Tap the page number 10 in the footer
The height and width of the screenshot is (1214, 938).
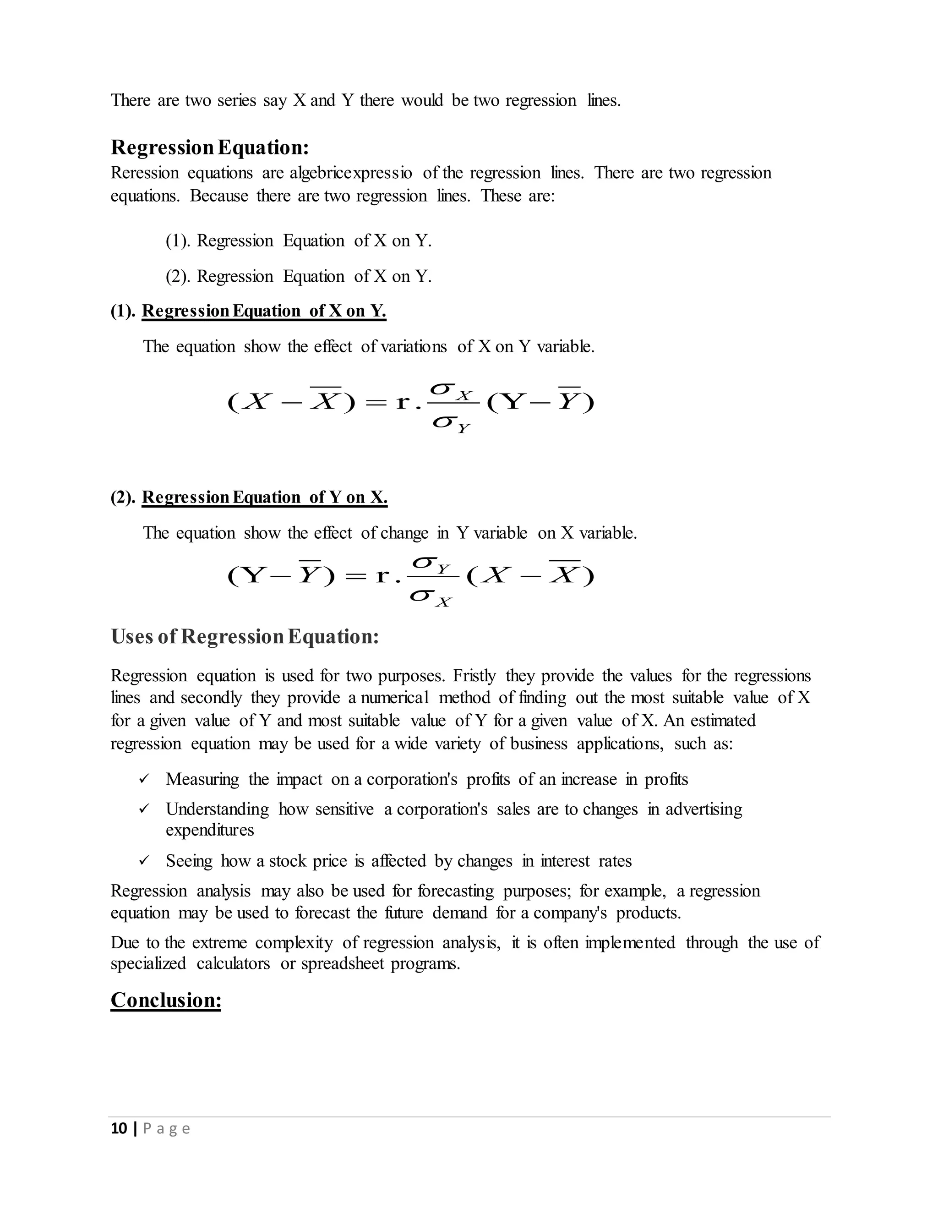click(x=119, y=1129)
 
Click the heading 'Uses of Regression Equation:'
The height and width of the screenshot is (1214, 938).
click(x=245, y=636)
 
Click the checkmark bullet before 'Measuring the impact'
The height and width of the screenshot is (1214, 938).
click(x=143, y=779)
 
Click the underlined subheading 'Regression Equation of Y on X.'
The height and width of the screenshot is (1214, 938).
click(x=265, y=497)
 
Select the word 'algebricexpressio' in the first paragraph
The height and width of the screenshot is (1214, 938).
click(x=351, y=173)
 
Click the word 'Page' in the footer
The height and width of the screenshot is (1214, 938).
click(x=167, y=1129)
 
